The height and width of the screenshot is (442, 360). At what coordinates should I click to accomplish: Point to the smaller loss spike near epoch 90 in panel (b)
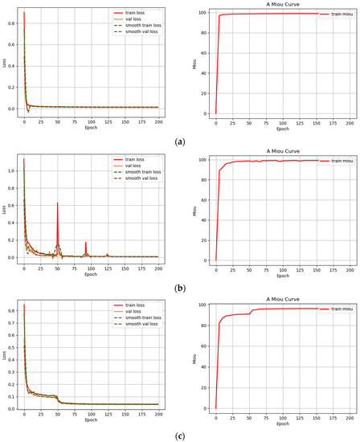tap(85, 244)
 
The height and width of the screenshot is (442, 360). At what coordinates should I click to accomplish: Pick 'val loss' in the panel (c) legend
tap(129, 313)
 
